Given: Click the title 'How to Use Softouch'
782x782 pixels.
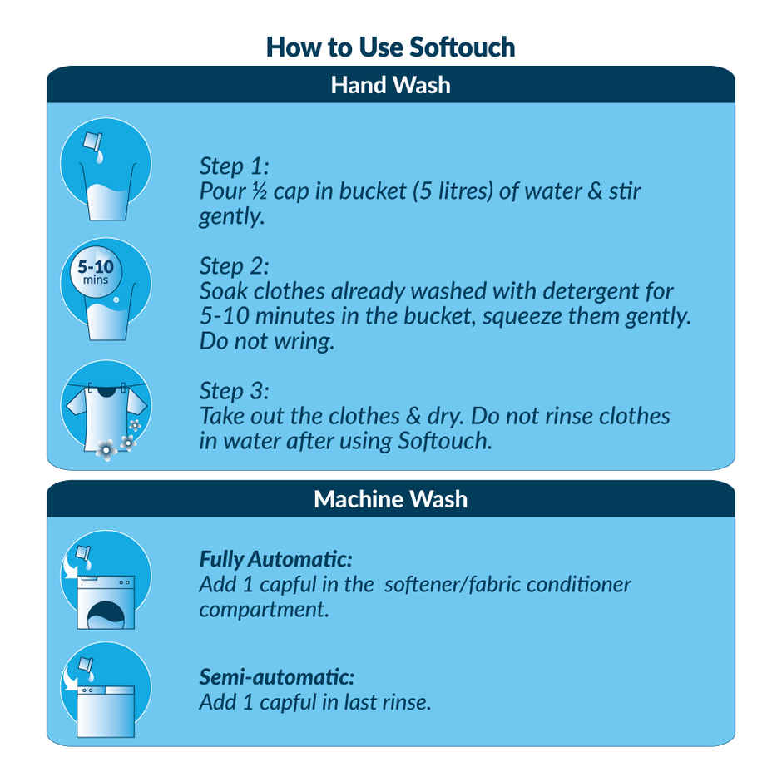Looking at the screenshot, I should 390,47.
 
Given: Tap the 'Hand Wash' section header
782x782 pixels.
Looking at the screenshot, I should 390,85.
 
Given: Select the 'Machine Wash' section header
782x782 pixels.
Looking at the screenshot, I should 390,499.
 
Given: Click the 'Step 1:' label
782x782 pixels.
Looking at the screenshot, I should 235,166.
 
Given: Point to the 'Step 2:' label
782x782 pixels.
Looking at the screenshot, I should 235,266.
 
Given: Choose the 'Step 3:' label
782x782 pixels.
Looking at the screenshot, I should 235,390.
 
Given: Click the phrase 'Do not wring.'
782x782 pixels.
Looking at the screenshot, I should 266,342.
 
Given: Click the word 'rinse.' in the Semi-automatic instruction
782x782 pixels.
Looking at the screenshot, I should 407,703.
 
